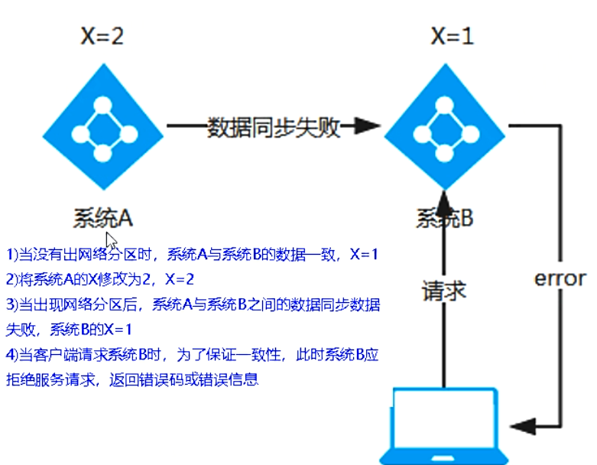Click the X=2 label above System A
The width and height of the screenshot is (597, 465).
point(102,35)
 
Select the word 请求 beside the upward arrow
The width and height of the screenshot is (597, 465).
point(444,291)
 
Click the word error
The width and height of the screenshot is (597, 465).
point(560,278)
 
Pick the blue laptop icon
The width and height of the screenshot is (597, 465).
point(444,424)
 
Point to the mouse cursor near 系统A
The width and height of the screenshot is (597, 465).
point(112,240)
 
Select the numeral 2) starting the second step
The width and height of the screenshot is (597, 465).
point(11,280)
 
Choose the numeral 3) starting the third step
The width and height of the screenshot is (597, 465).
point(11,305)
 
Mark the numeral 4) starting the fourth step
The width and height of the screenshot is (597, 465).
point(11,355)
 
